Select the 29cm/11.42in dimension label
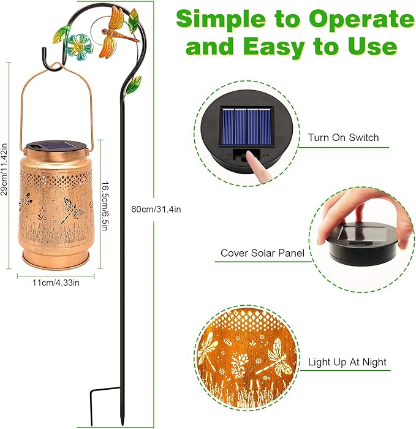(5, 165)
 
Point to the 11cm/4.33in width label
(56, 283)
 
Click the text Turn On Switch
(343, 137)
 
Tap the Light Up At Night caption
(347, 362)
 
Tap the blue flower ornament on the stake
(79, 45)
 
